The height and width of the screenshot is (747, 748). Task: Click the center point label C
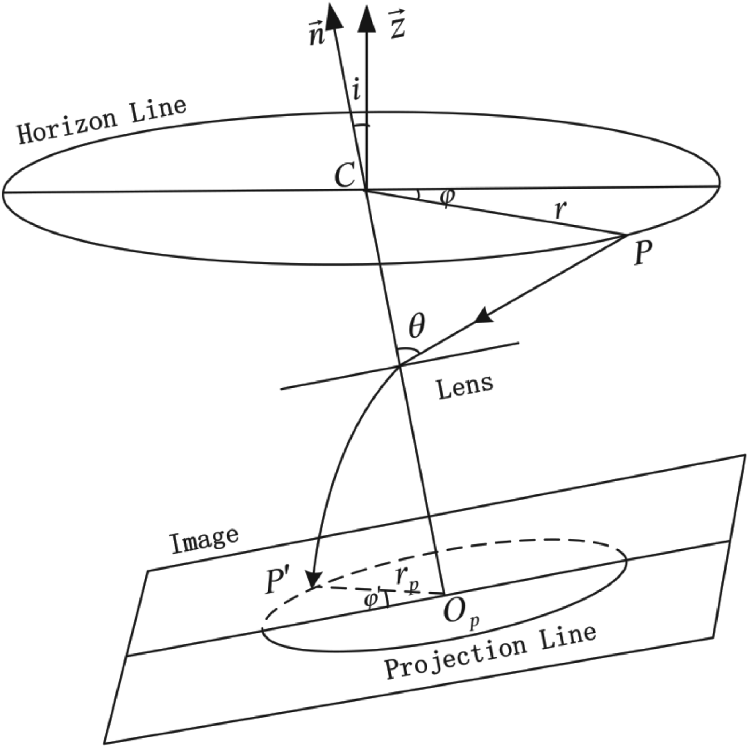[x=345, y=175]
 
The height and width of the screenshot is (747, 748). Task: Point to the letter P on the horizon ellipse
[x=643, y=253]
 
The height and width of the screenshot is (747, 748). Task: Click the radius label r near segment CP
[x=560, y=209]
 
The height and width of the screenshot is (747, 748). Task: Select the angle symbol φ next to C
[x=446, y=197]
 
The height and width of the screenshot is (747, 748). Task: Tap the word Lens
[x=465, y=386]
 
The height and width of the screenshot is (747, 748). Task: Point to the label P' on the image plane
[x=278, y=581]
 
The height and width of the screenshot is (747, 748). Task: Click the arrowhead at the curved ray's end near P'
[x=314, y=579]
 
